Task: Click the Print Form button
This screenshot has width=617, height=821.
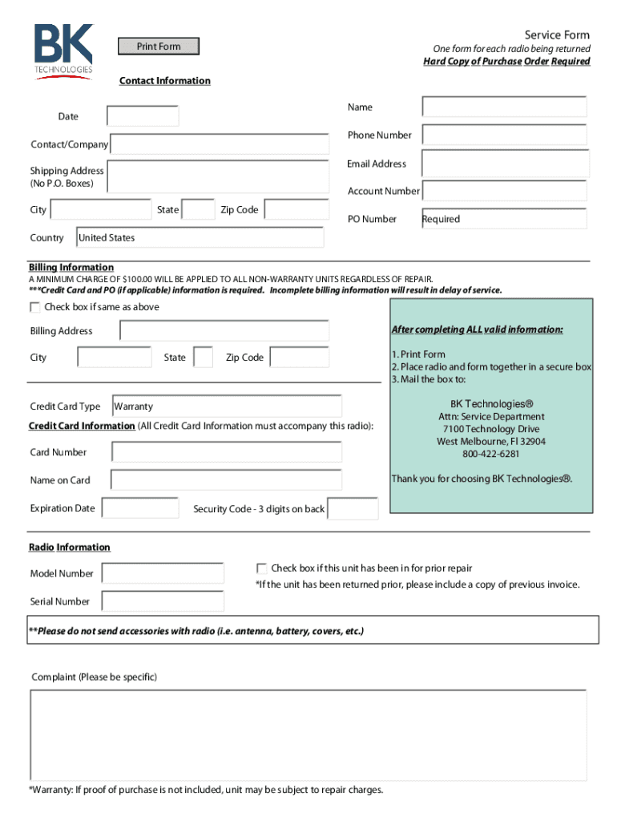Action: click(x=159, y=47)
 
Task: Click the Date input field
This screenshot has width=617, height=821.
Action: click(x=143, y=116)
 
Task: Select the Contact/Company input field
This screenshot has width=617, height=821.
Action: click(x=220, y=144)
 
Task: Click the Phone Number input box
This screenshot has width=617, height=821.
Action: click(x=504, y=135)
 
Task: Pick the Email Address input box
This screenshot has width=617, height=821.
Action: click(x=504, y=164)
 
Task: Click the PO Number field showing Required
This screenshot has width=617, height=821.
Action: click(x=504, y=219)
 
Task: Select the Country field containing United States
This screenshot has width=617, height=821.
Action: click(x=200, y=238)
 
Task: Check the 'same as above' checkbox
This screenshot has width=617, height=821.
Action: click(x=35, y=307)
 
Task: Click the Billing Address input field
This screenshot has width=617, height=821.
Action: click(x=224, y=331)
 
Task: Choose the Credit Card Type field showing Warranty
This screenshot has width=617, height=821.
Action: click(x=227, y=406)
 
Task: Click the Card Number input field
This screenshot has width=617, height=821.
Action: click(x=227, y=452)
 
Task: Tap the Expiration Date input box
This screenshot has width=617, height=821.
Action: click(x=140, y=508)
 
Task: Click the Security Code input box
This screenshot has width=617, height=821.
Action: click(x=353, y=509)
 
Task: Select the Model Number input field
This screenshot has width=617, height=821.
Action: click(x=163, y=573)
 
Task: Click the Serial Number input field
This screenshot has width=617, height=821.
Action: click(x=163, y=601)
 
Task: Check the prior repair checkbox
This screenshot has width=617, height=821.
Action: click(x=261, y=568)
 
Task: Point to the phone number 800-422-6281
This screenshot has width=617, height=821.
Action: click(x=490, y=454)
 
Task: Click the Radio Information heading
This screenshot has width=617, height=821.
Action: click(x=70, y=548)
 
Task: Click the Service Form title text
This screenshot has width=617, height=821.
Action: click(x=557, y=34)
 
